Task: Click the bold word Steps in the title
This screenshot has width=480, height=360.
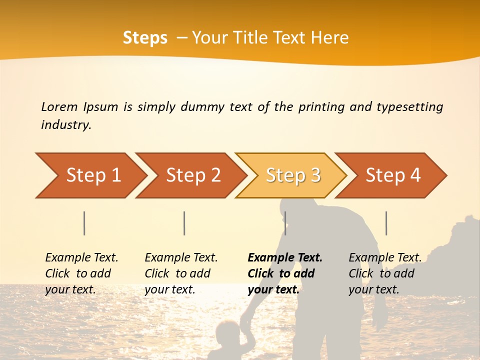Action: [x=145, y=38]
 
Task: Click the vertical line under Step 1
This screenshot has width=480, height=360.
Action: [x=84, y=223]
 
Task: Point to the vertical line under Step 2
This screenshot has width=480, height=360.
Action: [x=184, y=223]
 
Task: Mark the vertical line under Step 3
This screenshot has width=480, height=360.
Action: [x=285, y=223]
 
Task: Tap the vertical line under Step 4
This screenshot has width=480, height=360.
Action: [x=386, y=223]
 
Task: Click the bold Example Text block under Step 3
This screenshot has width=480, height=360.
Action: [x=284, y=273]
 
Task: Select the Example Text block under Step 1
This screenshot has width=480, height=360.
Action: [x=81, y=273]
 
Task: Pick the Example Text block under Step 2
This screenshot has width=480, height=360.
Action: [x=181, y=273]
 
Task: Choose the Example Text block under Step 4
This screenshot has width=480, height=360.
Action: [x=384, y=273]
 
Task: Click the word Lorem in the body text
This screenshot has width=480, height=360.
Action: [x=59, y=107]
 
